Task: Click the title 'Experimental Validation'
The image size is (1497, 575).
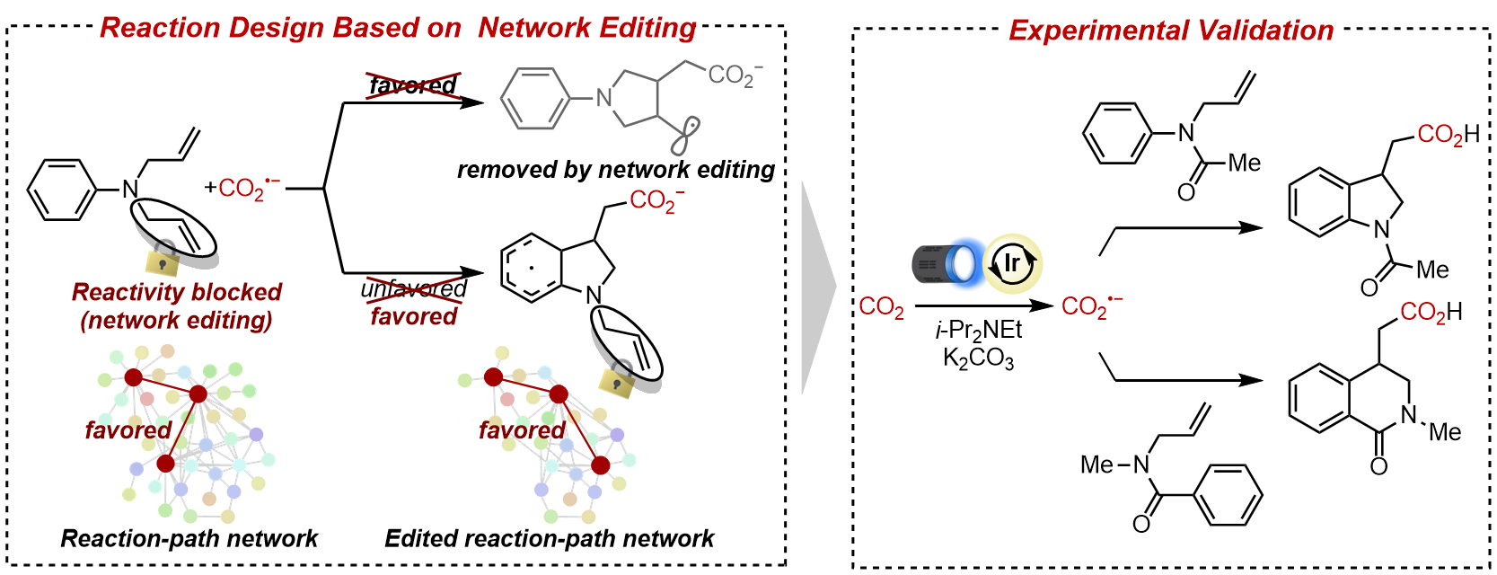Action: pos(1170,31)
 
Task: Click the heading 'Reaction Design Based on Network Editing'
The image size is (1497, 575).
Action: pos(398,28)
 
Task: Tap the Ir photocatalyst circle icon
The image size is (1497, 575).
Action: pos(1012,263)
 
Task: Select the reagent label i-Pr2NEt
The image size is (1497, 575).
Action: pos(978,331)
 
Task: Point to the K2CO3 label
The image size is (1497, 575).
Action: pos(978,358)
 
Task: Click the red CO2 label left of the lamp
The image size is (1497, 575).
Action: pos(881,307)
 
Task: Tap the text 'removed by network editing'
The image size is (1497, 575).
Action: pos(615,170)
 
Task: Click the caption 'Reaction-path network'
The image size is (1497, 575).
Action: pos(189,538)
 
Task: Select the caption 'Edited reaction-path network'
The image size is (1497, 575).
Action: pos(549,538)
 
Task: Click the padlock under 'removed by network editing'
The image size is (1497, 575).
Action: pos(617,382)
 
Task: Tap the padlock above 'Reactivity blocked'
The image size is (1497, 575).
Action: pos(163,259)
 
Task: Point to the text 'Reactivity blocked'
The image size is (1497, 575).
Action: pos(177,292)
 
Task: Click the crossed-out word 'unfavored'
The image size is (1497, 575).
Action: pos(413,288)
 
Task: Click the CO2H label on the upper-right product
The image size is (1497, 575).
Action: pos(1448,135)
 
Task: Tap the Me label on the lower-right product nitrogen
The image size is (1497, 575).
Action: pos(1445,432)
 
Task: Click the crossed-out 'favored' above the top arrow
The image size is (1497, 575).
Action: pos(413,85)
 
